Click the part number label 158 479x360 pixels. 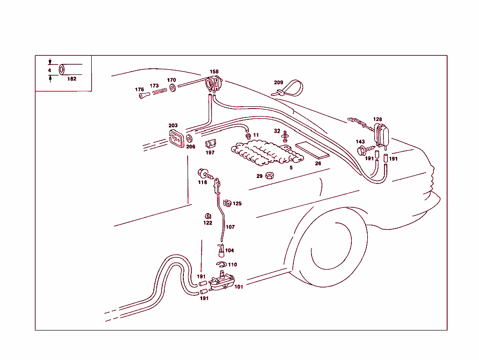click(x=214, y=72)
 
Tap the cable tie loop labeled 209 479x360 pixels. click(x=290, y=89)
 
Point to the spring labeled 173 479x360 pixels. click(x=159, y=91)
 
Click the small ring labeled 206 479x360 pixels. click(x=189, y=139)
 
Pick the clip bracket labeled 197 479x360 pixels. click(x=210, y=144)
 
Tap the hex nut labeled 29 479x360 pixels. click(x=269, y=176)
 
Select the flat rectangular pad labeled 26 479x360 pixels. click(x=312, y=150)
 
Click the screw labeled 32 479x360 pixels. click(x=285, y=137)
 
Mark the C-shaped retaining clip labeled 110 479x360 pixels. click(x=221, y=265)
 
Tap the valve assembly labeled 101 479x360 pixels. click(x=221, y=282)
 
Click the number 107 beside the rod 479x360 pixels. click(x=230, y=227)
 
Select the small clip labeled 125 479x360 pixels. click(x=227, y=203)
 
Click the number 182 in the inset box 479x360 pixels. click(x=72, y=79)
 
